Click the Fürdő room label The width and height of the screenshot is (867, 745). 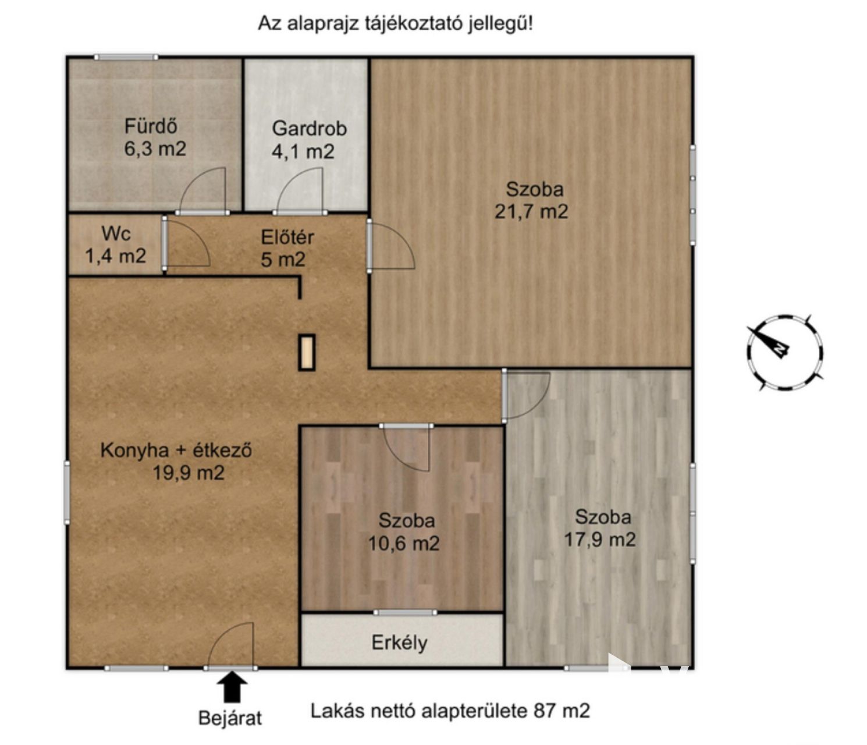(151, 126)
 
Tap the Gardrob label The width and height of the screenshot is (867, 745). (309, 129)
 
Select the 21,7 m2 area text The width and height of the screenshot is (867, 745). (531, 211)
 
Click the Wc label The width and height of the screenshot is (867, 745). (116, 233)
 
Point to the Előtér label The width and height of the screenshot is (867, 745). (287, 237)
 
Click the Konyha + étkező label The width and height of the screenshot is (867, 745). (176, 450)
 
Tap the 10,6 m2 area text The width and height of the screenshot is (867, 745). (403, 544)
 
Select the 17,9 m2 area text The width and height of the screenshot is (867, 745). (599, 540)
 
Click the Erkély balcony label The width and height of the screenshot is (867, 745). (399, 642)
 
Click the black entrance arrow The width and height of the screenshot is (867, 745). (232, 687)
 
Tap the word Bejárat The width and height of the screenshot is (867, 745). (230, 718)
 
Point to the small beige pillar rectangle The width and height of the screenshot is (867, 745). (307, 353)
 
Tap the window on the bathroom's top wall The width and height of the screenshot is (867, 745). (126, 57)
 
